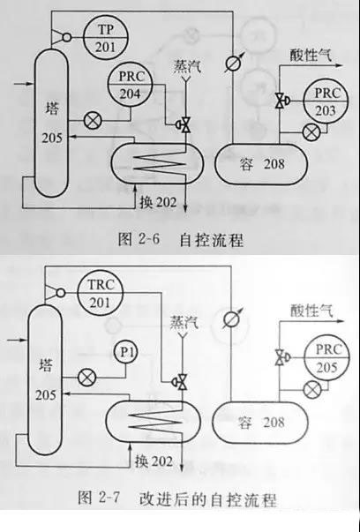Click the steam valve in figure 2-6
(183, 125)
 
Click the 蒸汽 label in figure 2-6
(187, 66)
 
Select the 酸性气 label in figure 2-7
(311, 311)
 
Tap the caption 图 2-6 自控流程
(181, 240)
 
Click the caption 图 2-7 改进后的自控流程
(177, 498)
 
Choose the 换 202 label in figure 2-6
(158, 203)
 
